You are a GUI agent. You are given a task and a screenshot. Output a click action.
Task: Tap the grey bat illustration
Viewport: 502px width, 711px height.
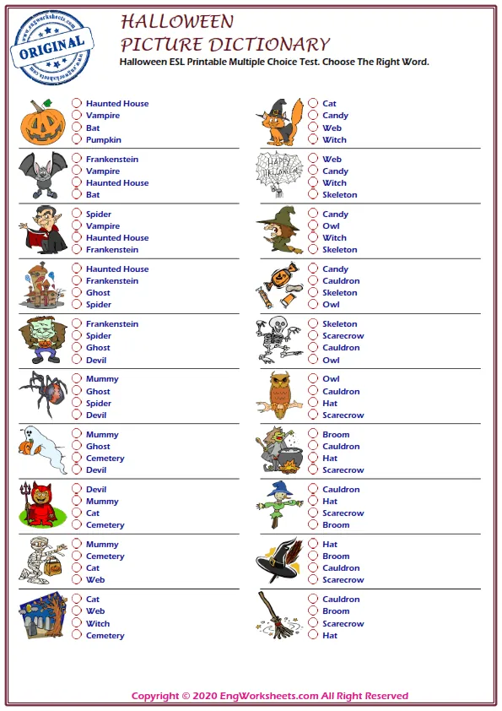pos(42,176)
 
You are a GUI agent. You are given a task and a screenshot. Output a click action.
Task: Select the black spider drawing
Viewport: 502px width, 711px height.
pos(43,395)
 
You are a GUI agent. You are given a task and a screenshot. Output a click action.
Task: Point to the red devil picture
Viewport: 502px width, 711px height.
pos(40,505)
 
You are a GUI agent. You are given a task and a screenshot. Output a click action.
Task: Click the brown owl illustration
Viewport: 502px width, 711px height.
pos(280,394)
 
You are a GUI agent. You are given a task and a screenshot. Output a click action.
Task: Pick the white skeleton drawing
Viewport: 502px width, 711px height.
pos(279,340)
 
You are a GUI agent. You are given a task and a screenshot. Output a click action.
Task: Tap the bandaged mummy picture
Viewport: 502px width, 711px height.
pos(41,560)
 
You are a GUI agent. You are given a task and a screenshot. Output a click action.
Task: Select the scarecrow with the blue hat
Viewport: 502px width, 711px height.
pos(279,505)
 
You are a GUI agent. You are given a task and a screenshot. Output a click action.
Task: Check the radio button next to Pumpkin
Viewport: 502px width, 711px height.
pos(77,139)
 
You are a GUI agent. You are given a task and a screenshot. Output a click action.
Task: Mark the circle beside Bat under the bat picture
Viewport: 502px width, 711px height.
pos(77,194)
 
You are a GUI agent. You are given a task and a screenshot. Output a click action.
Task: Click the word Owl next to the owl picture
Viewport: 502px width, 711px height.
pos(331,379)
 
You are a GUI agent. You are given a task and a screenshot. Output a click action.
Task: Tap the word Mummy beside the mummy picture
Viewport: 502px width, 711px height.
pos(102,545)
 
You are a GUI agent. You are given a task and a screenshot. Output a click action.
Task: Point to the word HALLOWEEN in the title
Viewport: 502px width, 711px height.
pos(177,21)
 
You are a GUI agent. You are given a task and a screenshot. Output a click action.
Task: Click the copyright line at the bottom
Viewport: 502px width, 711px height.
pos(269,696)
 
